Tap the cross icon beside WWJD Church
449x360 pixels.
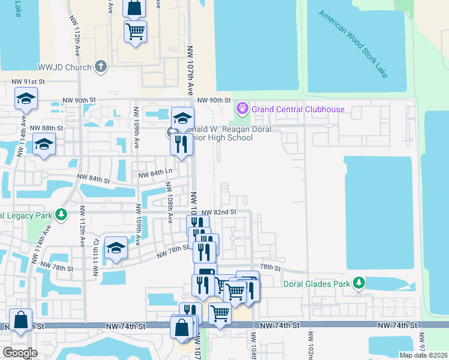pyautogui.click(x=101, y=67)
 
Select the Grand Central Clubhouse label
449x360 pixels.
pyautogui.click(x=298, y=109)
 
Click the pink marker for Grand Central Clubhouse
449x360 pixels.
pyautogui.click(x=242, y=109)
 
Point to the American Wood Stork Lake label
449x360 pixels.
pyautogui.click(x=354, y=43)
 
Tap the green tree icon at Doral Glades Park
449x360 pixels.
pyautogui.click(x=359, y=282)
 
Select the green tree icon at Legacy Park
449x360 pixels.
pyautogui.click(x=61, y=214)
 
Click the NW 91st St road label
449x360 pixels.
pyautogui.click(x=29, y=82)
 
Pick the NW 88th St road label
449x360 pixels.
pyautogui.click(x=46, y=128)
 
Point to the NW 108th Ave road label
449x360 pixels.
pyautogui.click(x=170, y=208)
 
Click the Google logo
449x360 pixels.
pyautogui.click(x=20, y=353)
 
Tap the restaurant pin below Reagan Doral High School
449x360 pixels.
pyautogui.click(x=181, y=143)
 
